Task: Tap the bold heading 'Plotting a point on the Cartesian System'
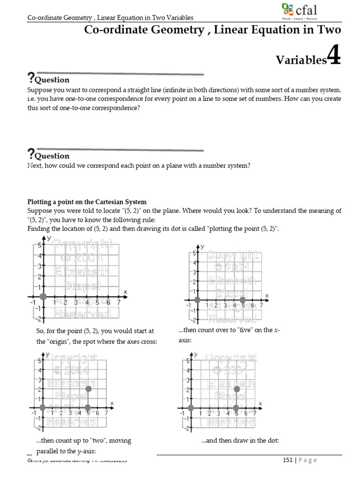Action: [x=87, y=202]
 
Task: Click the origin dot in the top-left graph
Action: [x=43, y=296]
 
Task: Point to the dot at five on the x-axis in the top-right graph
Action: [x=242, y=300]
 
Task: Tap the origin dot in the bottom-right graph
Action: [x=191, y=408]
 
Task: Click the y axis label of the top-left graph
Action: [x=49, y=239]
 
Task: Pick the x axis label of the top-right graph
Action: [x=267, y=295]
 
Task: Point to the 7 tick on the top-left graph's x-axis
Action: [x=119, y=302]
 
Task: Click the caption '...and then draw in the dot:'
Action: [x=240, y=441]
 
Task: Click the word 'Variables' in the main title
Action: [x=300, y=60]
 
